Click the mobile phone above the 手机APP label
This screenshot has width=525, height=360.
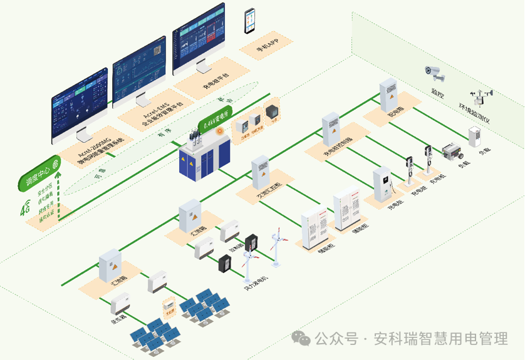pyautogui.click(x=251, y=21)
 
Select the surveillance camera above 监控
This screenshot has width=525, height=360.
pyautogui.click(x=435, y=73)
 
